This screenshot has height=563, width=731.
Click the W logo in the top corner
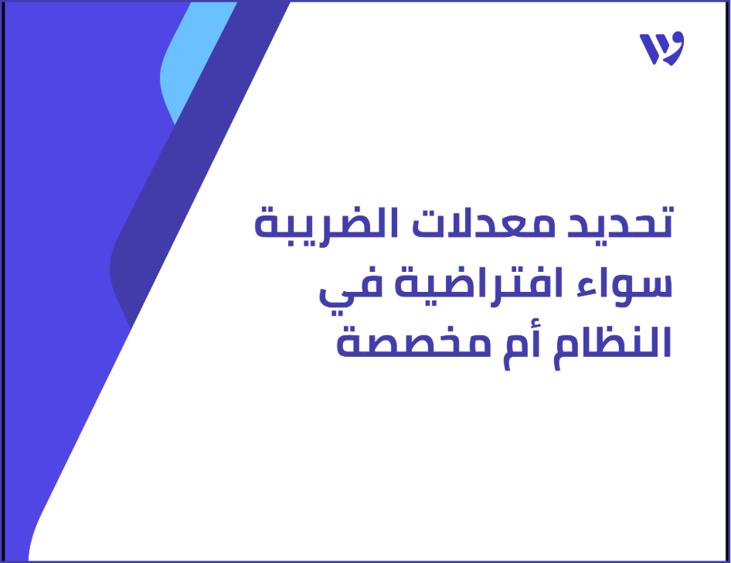click(x=661, y=49)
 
